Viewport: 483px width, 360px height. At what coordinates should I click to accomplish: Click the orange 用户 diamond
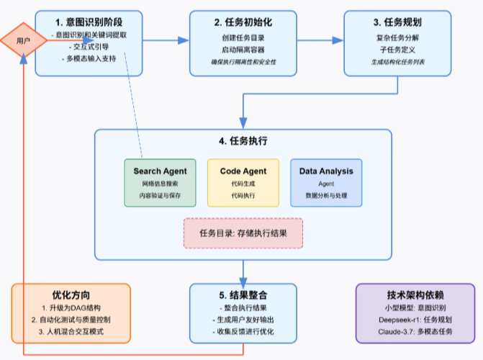click(x=23, y=42)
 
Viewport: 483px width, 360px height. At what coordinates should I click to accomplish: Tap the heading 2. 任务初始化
click(x=244, y=21)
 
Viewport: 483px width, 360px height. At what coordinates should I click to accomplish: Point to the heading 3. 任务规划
click(x=398, y=21)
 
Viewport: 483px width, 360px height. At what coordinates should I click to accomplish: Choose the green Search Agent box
click(x=160, y=183)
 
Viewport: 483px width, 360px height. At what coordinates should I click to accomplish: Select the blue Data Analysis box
click(x=326, y=183)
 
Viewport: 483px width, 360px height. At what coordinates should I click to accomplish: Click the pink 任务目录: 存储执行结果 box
click(x=243, y=233)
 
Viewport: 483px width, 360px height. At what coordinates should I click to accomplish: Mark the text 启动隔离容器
click(x=244, y=49)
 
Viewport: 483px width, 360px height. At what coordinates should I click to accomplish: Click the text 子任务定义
click(x=398, y=49)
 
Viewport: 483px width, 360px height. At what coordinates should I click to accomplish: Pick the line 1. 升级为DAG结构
click(x=71, y=307)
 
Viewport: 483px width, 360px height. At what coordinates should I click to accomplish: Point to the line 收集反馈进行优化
click(x=243, y=331)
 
